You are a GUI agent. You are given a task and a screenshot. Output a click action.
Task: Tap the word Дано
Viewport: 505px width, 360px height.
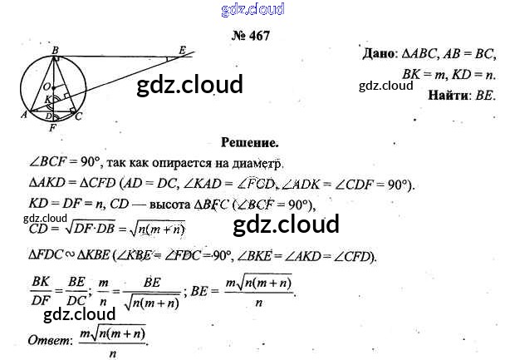click(x=383, y=54)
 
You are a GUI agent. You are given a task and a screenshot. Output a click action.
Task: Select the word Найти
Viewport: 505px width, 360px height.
click(x=449, y=96)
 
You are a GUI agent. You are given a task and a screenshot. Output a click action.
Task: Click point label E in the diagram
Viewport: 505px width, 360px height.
click(x=182, y=51)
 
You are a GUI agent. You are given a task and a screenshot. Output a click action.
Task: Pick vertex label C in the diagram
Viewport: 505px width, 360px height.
click(x=79, y=116)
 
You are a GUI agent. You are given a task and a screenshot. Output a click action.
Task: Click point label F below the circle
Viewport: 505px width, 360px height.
click(x=53, y=130)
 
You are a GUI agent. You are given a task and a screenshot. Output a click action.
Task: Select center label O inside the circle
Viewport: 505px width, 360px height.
click(x=49, y=86)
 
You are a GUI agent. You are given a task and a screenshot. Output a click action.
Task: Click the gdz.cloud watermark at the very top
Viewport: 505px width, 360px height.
click(x=253, y=9)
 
